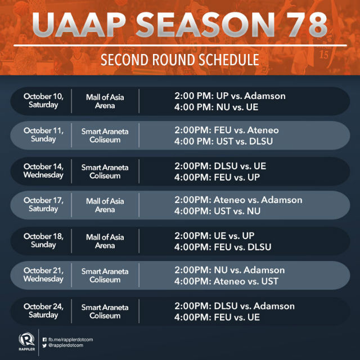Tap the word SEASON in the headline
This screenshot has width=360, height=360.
point(205,25)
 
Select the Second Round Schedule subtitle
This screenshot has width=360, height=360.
point(180,60)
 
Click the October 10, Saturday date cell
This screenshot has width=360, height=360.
point(43,101)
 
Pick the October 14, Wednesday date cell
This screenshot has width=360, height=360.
point(43,171)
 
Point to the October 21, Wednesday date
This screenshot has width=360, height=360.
point(43,274)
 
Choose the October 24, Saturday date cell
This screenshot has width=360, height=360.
point(43,310)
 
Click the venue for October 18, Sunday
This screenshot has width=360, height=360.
point(105,241)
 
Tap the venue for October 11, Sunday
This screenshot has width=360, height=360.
point(105,136)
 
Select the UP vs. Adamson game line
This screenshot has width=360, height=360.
point(230,96)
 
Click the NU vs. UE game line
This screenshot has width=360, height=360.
point(216,107)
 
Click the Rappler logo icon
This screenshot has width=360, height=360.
point(26,339)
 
